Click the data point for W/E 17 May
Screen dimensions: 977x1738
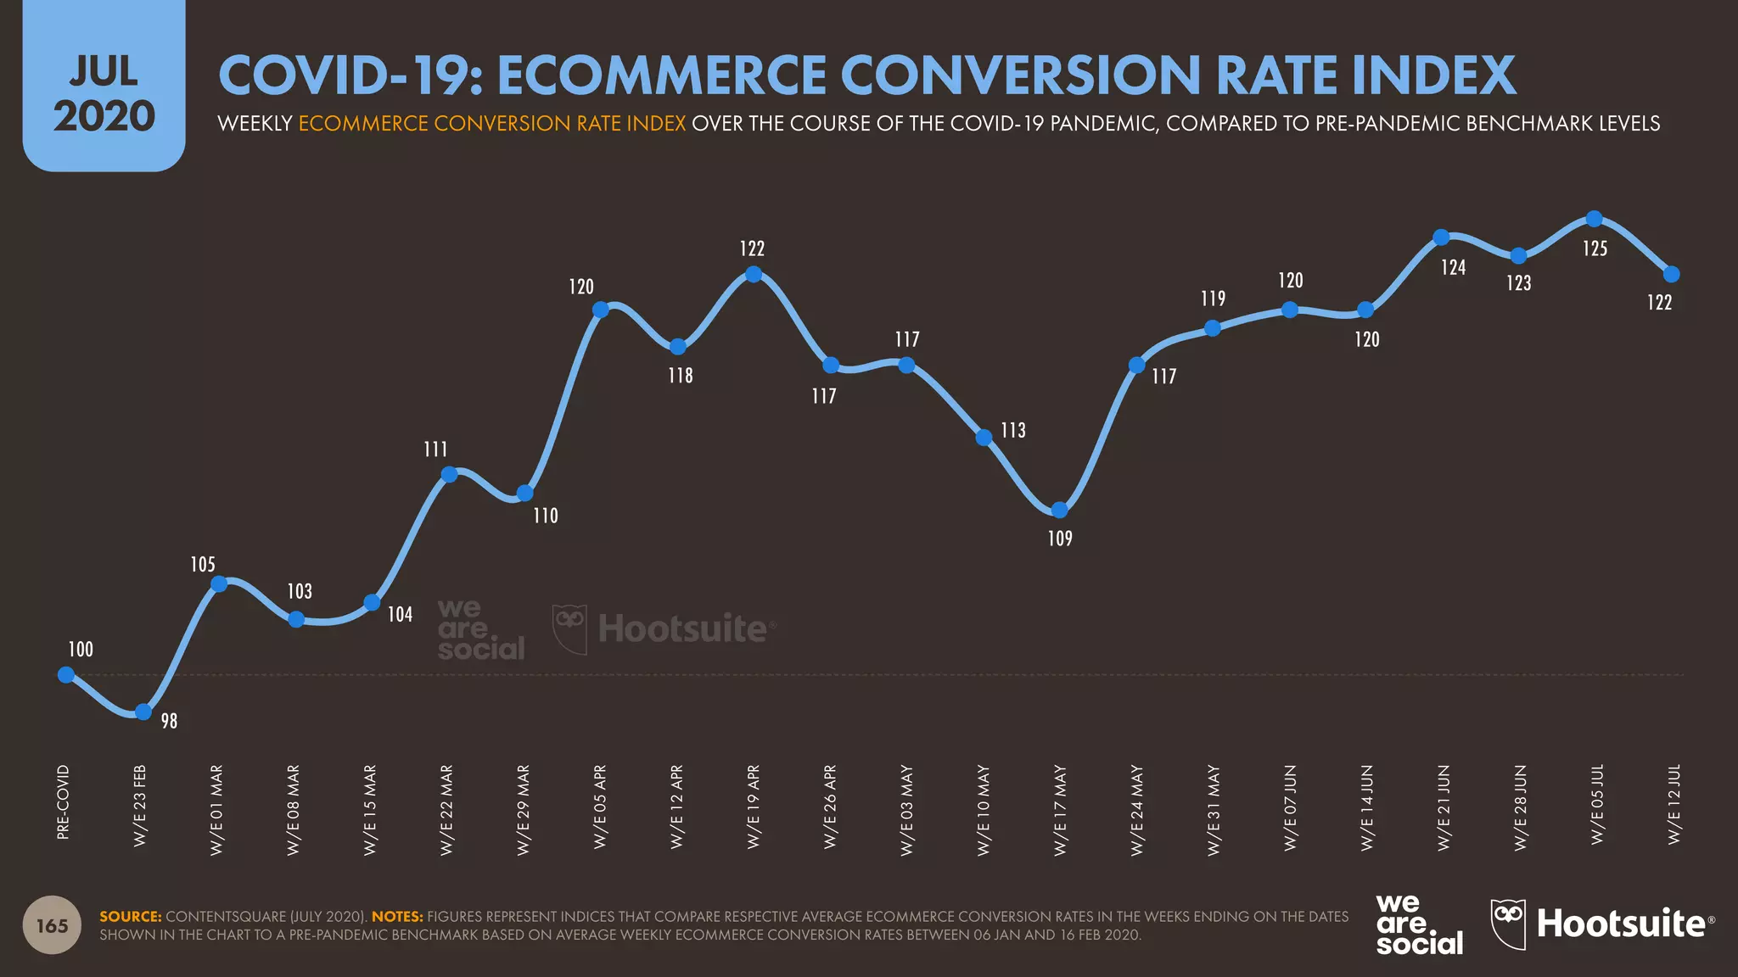click(1059, 510)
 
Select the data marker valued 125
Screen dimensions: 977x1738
click(1595, 219)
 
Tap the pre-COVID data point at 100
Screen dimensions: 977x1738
click(66, 675)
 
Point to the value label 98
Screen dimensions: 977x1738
click(169, 721)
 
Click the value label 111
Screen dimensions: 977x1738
click(435, 449)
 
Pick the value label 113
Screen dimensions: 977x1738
click(1012, 431)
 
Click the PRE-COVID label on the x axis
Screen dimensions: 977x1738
click(63, 801)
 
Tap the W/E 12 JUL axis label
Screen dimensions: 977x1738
click(1674, 803)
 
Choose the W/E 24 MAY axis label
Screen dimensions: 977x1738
click(1137, 809)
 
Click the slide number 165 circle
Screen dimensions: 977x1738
click(52, 925)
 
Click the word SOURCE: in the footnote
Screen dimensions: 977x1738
click(130, 917)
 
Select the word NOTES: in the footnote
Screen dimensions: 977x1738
click(396, 917)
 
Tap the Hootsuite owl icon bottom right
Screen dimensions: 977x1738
click(1508, 923)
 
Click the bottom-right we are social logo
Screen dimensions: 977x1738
click(1418, 924)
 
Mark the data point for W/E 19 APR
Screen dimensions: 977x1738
click(753, 274)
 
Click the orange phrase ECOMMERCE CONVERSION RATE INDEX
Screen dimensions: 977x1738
click(491, 124)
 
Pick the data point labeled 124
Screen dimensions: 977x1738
click(1441, 237)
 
